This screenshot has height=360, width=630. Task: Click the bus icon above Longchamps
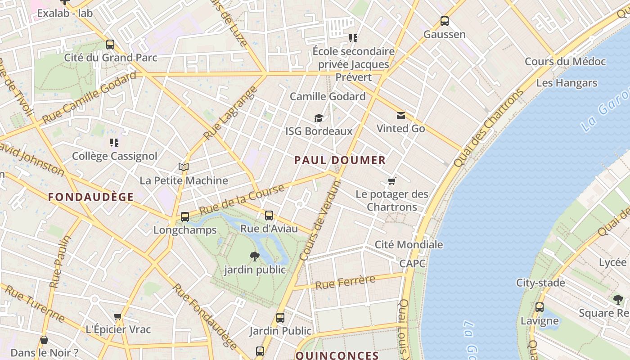coord(184,217)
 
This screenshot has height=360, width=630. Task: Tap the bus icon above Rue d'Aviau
coord(269,216)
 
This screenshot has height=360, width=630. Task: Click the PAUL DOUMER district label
coord(340,160)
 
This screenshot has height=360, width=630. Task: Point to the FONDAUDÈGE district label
coord(91,197)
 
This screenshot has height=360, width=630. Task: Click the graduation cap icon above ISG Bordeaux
coord(319,118)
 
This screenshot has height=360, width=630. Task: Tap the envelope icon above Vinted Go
coord(400,116)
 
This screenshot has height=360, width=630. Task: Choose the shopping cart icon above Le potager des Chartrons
coord(392,181)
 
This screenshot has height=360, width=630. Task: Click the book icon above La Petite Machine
coord(183,167)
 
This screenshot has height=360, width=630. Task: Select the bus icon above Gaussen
coord(444,21)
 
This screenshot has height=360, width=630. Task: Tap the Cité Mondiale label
coord(409,245)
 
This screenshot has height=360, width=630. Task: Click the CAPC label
coord(412,264)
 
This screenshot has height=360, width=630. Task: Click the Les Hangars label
coord(567,83)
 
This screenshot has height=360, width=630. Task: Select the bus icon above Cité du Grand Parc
coord(110,45)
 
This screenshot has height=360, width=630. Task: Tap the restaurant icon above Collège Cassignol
coord(114,143)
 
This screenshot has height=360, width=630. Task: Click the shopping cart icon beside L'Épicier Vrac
coord(118,317)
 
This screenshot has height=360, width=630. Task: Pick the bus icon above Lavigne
coord(539,308)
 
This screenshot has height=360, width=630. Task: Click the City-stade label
coord(540,283)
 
